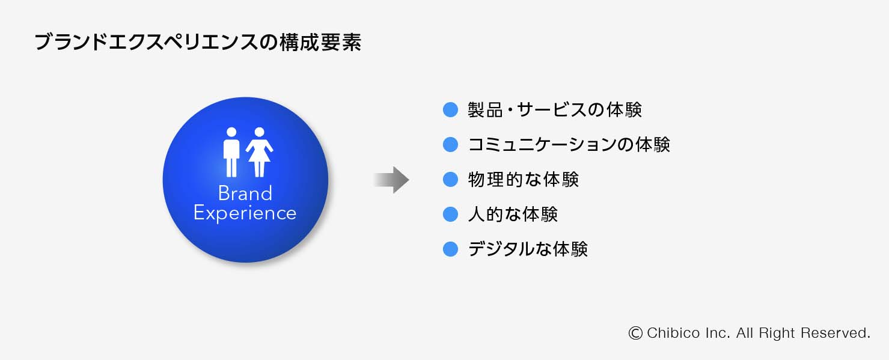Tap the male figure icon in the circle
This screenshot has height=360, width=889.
pyautogui.click(x=231, y=151)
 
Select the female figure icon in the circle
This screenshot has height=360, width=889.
pyautogui.click(x=259, y=151)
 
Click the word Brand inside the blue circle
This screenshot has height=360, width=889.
pyautogui.click(x=245, y=193)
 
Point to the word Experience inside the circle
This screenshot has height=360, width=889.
pyautogui.click(x=245, y=213)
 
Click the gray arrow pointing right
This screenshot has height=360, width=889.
pyautogui.click(x=391, y=180)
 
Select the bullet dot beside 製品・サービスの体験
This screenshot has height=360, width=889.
pyautogui.click(x=450, y=109)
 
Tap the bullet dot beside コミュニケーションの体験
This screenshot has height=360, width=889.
pyautogui.click(x=450, y=144)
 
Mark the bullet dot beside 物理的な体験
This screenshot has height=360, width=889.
pyautogui.click(x=450, y=179)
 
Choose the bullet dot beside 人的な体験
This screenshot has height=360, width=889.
pyautogui.click(x=450, y=214)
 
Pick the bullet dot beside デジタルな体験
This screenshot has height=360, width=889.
pyautogui.click(x=450, y=249)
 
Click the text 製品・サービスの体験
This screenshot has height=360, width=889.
pyautogui.click(x=555, y=109)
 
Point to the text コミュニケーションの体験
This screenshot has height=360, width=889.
pyautogui.click(x=569, y=144)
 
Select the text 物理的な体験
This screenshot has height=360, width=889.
pyautogui.click(x=523, y=179)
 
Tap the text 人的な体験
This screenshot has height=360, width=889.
pyautogui.click(x=513, y=214)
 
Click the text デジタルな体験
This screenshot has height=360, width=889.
pyautogui.click(x=528, y=249)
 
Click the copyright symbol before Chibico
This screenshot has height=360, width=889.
pyautogui.click(x=635, y=333)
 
